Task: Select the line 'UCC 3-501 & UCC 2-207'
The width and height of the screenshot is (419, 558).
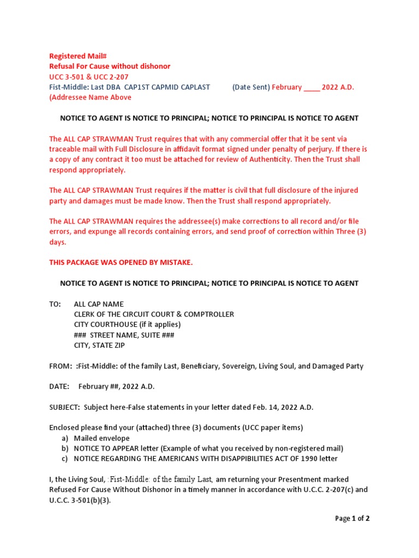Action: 89,77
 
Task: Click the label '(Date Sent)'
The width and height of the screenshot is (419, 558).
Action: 251,87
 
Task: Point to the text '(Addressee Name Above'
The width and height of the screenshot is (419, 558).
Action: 91,98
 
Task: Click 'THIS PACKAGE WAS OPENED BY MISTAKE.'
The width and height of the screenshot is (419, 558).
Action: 121,263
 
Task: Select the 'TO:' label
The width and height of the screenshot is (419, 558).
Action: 55,304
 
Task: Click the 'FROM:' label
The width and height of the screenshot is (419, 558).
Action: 60,366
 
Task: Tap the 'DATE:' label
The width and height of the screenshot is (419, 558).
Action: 59,387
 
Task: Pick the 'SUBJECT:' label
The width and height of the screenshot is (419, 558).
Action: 64,408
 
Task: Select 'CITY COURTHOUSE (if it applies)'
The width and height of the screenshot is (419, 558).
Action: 127,325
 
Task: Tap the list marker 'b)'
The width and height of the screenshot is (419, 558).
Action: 64,448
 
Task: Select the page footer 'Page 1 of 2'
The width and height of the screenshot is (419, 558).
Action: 352,519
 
